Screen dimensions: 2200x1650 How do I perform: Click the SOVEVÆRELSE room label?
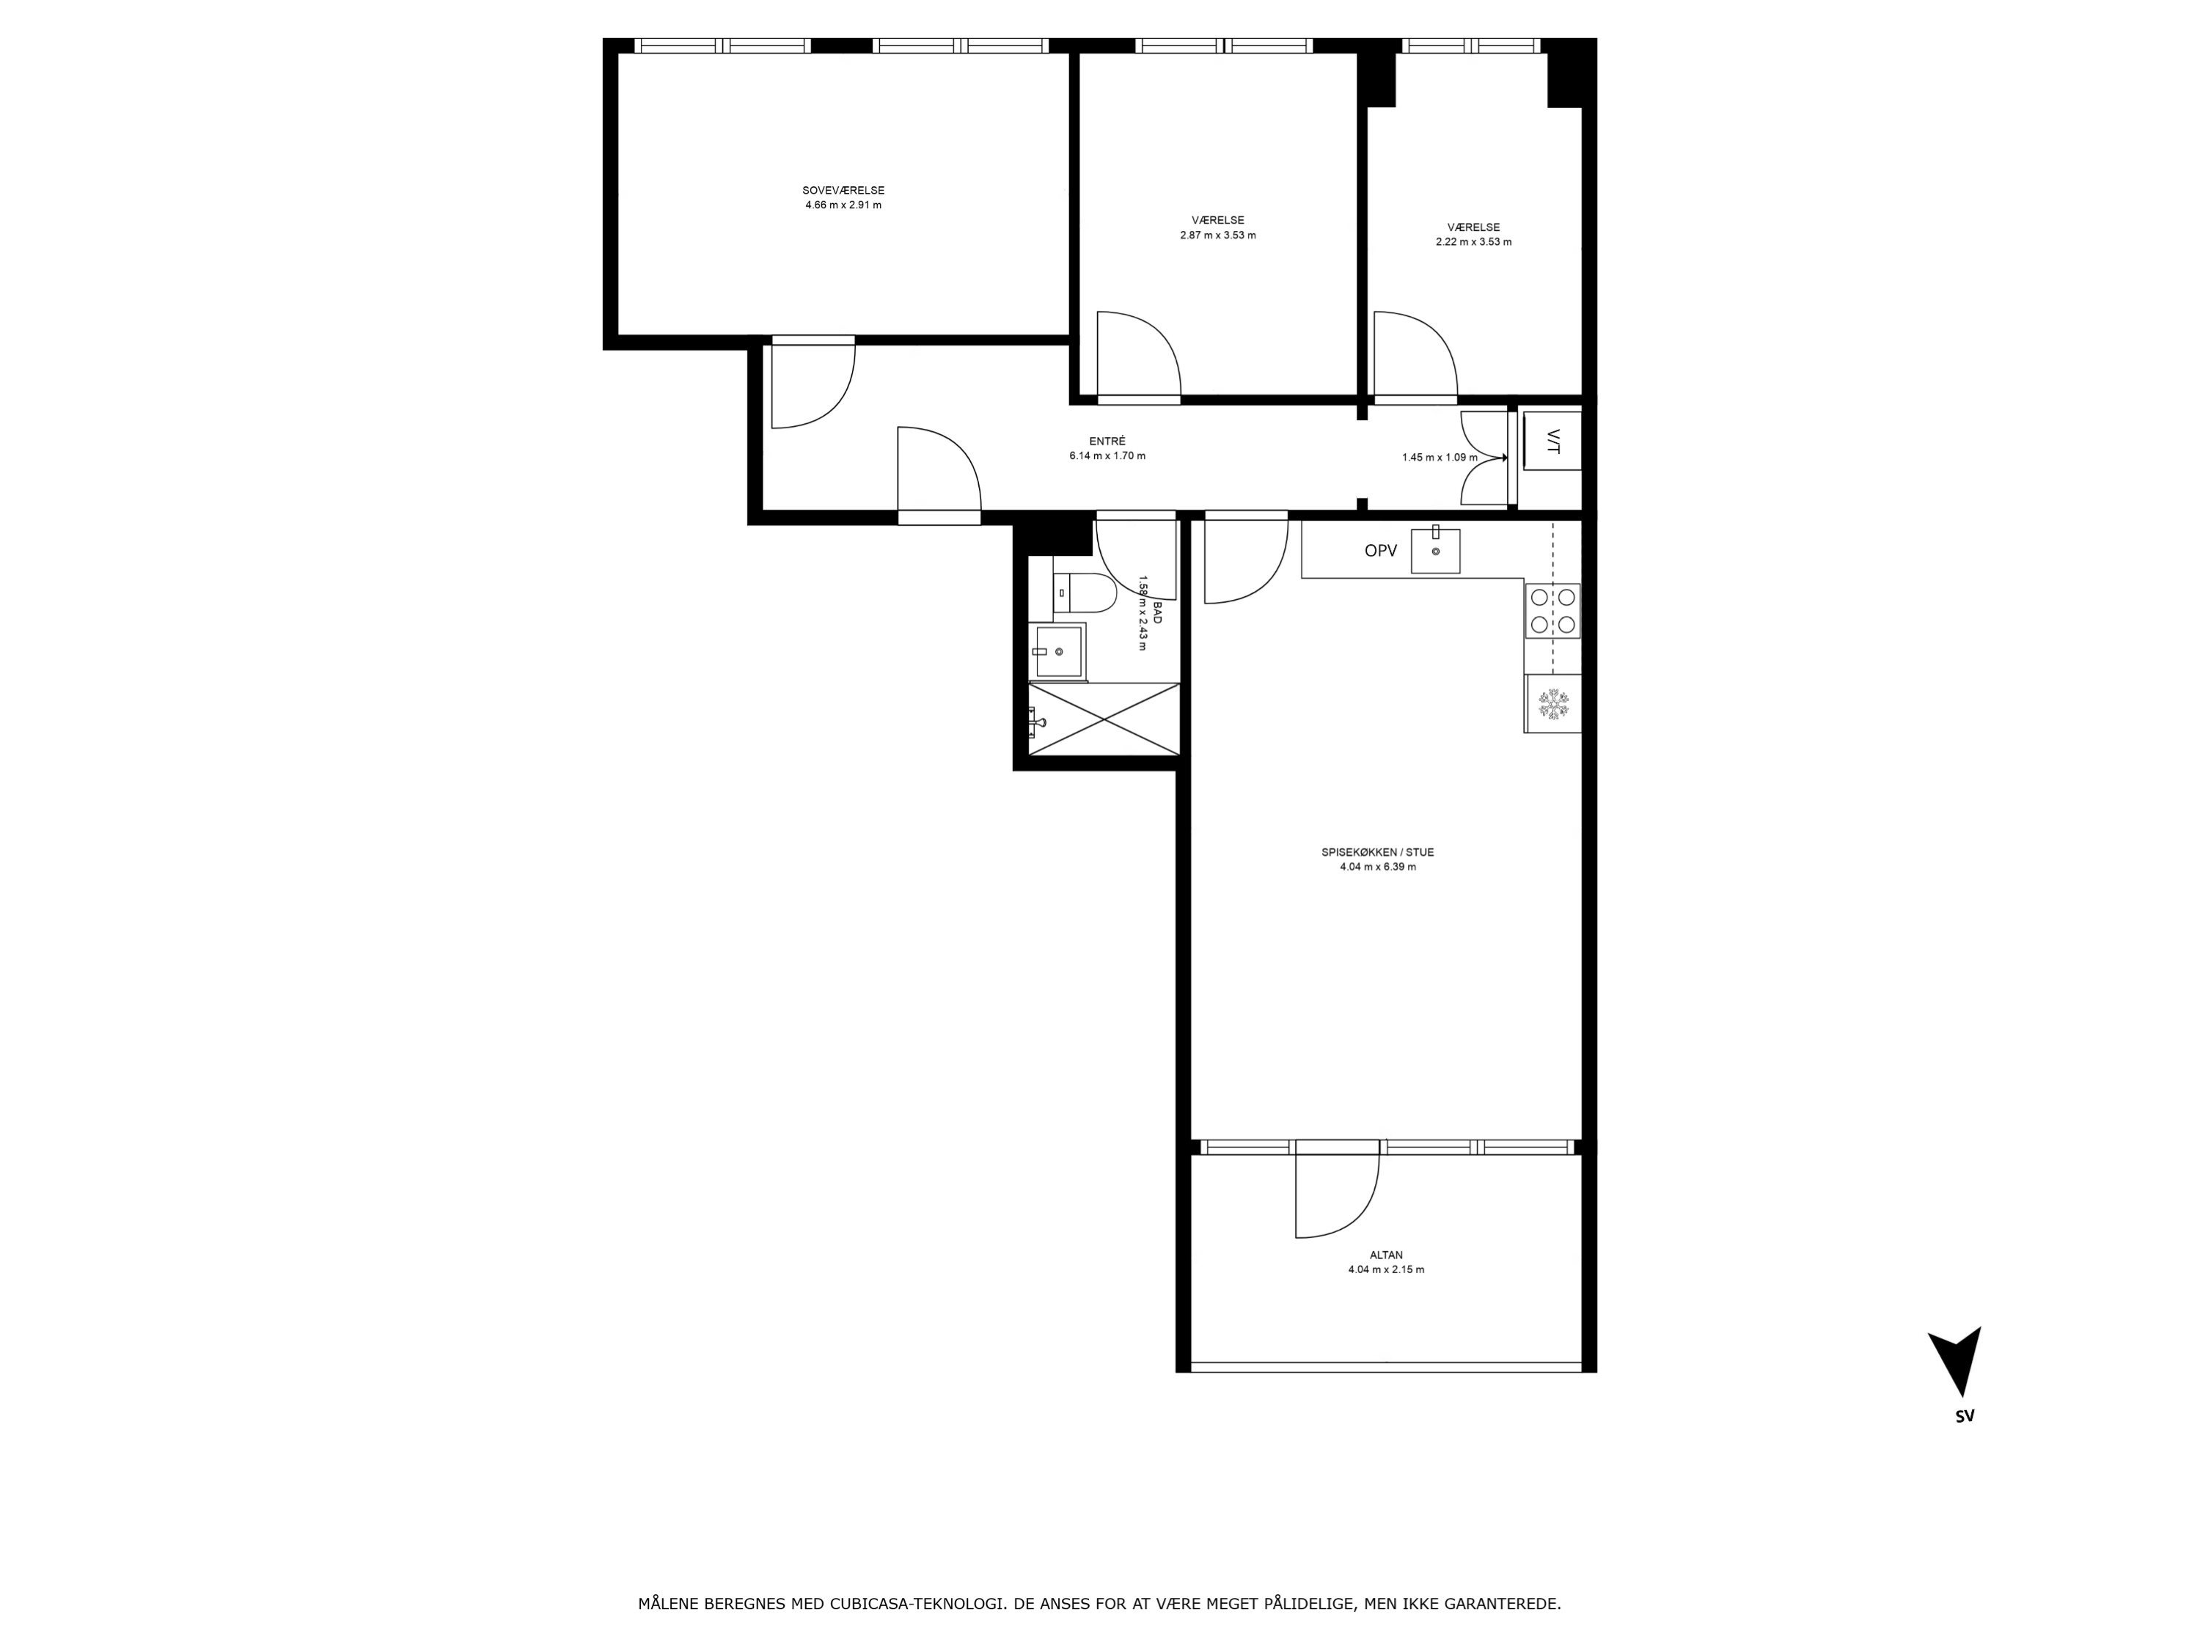tap(843, 191)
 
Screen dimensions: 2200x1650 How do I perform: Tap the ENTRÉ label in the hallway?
tap(1107, 441)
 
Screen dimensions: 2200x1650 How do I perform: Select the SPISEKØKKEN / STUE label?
tap(1377, 852)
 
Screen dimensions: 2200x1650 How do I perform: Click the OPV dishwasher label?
tap(1380, 550)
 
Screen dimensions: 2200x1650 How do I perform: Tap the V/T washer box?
tap(1552, 441)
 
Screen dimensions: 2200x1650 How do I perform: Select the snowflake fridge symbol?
tap(1552, 704)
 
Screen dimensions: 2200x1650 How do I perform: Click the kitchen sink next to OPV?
tap(1435, 550)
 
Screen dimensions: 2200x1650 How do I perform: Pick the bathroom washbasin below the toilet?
tap(1057, 651)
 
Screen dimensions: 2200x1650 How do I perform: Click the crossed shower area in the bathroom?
tap(1104, 719)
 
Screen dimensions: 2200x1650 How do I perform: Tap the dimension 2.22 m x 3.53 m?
tap(1473, 242)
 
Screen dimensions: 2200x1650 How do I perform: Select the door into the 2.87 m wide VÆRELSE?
tap(1139, 355)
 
